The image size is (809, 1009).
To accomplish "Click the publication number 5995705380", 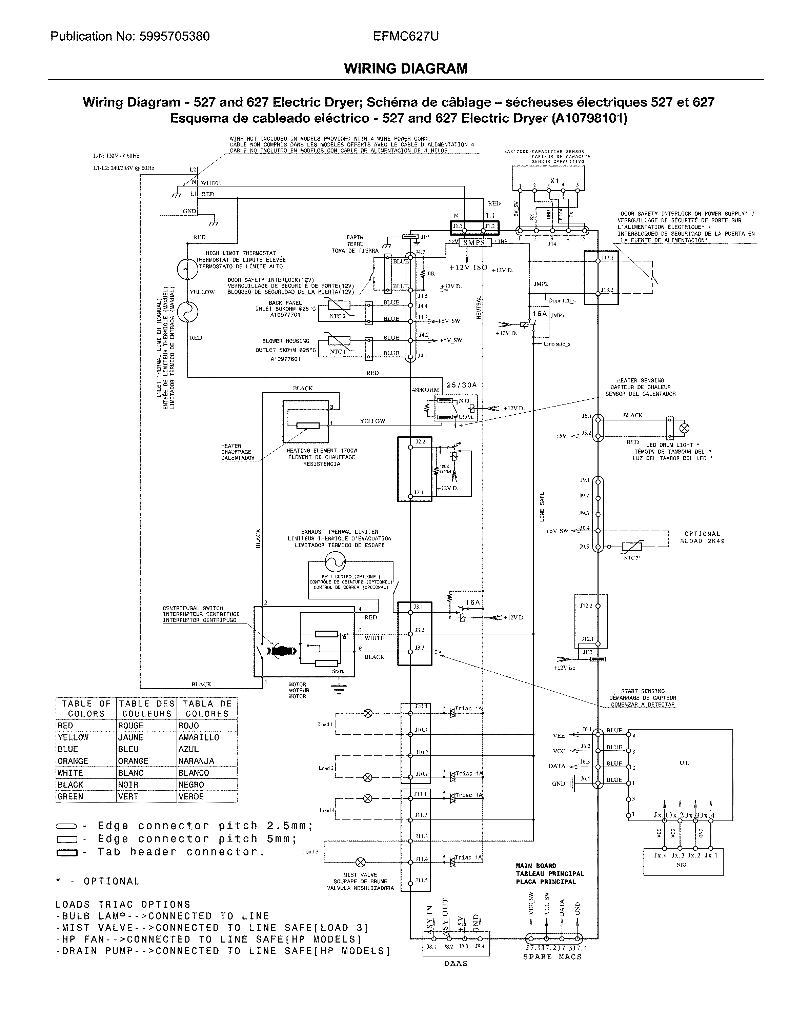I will (x=175, y=37).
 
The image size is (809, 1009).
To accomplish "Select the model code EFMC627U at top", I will (x=406, y=37).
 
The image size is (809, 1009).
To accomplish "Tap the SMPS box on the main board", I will (x=474, y=242).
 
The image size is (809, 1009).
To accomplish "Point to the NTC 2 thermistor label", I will (x=337, y=316).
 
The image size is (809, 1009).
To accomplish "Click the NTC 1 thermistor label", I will (x=337, y=352).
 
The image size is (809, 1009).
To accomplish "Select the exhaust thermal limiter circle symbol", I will (x=335, y=561).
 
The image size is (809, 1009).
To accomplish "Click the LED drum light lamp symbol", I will (x=684, y=428).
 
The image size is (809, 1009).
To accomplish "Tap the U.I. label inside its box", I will (x=684, y=763).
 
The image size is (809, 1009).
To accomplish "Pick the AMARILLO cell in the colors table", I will (x=199, y=737).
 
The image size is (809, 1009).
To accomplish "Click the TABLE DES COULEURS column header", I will (x=146, y=709).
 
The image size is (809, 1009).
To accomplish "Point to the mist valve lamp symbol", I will (x=361, y=862).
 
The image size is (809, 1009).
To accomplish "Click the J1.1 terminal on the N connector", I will (x=457, y=226).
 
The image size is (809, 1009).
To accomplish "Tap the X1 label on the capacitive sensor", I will (x=554, y=181).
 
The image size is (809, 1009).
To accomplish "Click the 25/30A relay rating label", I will (x=461, y=385).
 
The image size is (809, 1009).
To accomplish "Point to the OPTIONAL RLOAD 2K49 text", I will (x=702, y=537).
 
